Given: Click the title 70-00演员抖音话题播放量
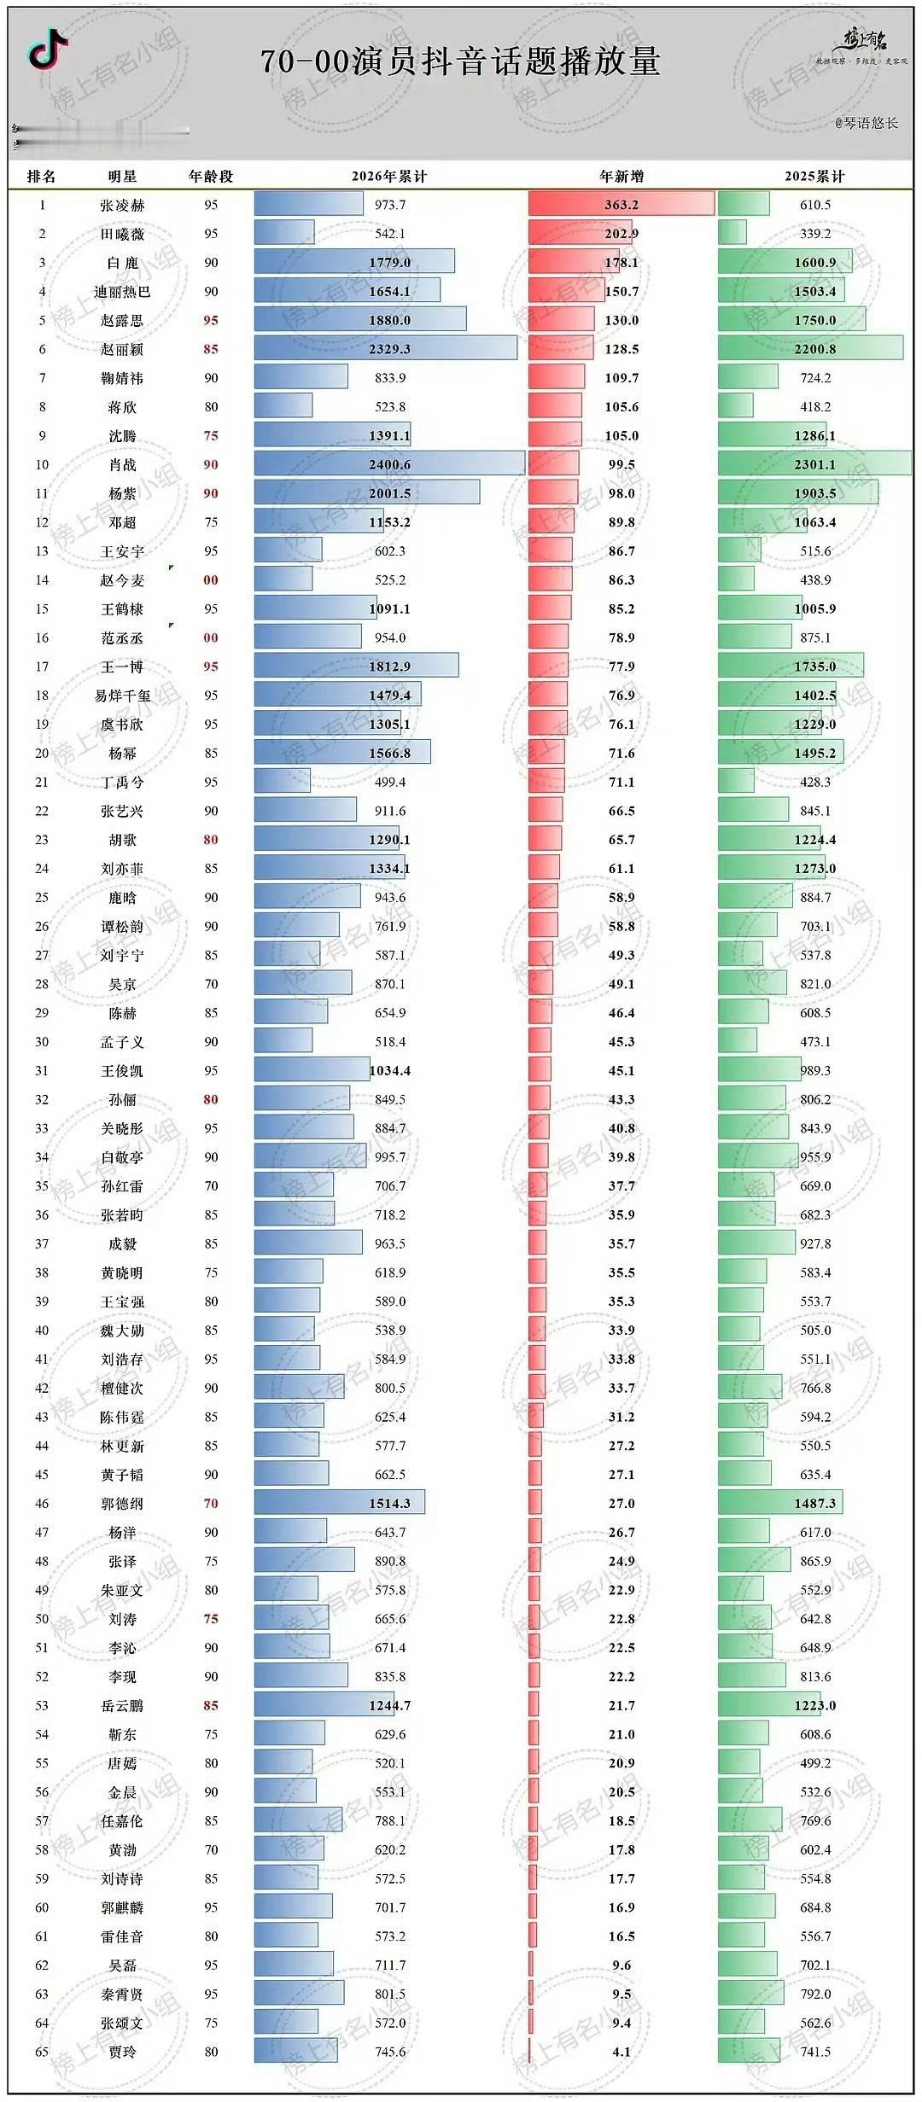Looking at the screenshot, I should [x=460, y=61].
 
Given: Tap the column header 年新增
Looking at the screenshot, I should [x=621, y=177].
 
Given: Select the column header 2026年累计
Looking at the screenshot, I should [x=389, y=177].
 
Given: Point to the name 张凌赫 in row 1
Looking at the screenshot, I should [x=122, y=206].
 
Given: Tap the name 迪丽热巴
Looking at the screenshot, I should [x=122, y=292].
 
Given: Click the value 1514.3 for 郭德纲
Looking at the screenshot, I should [x=389, y=1504].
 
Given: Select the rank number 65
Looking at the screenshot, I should [x=42, y=2052].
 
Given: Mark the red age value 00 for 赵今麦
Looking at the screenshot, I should [x=211, y=580].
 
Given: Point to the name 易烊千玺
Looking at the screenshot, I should [x=122, y=696].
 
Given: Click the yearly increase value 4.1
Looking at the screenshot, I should [x=621, y=2052].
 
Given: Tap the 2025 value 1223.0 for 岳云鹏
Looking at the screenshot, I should [x=815, y=1705].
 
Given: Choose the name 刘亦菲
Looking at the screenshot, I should [x=122, y=869].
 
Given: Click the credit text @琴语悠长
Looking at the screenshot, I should [x=867, y=123].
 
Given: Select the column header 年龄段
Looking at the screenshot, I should [x=211, y=177].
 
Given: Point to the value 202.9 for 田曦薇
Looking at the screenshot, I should [x=621, y=234].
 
